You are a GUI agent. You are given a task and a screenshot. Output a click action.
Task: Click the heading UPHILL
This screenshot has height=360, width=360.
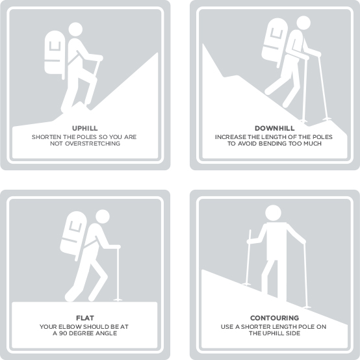click(x=85, y=128)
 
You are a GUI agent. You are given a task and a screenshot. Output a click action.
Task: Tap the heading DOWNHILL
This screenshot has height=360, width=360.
click(x=275, y=128)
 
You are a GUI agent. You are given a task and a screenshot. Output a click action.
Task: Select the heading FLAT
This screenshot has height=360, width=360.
click(x=85, y=318)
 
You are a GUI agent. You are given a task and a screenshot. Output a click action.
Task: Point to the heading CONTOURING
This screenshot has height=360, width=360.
click(x=275, y=318)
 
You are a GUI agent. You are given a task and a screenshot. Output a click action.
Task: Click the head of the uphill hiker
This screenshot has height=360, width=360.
click(x=75, y=29)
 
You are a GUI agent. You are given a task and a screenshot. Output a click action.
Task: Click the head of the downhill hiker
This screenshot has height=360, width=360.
click(x=303, y=23)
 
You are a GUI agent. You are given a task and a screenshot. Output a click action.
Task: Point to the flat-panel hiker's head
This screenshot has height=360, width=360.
click(x=103, y=216)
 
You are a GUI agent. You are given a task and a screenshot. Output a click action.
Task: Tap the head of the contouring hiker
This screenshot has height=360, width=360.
click(x=273, y=213)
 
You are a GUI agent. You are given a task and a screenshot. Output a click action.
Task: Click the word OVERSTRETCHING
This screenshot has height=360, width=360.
click(x=92, y=144)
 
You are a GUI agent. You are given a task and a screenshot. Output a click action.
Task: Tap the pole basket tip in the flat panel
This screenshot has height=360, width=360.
click(x=118, y=300)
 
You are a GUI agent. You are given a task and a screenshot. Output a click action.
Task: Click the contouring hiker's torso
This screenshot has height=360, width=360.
click(x=277, y=241)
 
